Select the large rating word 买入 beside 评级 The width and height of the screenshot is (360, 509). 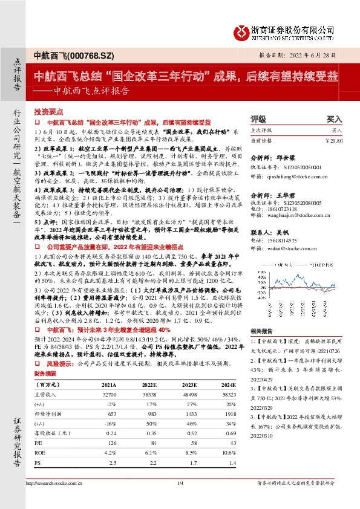pos(335,119)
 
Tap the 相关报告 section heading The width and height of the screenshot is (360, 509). pos(263,328)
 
